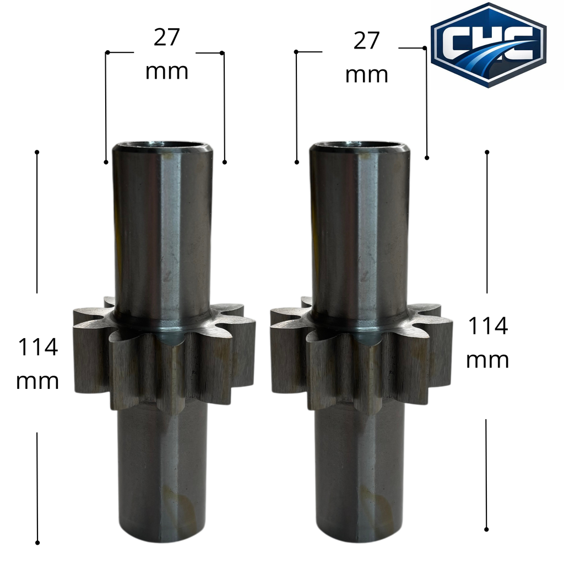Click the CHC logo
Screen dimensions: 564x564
pos(489,45)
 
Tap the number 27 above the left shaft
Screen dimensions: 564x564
pos(166,37)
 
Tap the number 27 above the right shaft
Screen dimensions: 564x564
pos(366,41)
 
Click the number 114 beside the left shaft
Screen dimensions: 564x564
pos(38,347)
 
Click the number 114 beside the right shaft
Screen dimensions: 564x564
pos(488,326)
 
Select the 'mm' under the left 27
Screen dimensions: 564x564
pos(167,72)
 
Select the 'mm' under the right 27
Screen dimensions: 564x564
pos(366,75)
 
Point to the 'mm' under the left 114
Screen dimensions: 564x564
pos(37,382)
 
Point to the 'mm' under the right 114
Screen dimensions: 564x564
pos(487,360)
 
